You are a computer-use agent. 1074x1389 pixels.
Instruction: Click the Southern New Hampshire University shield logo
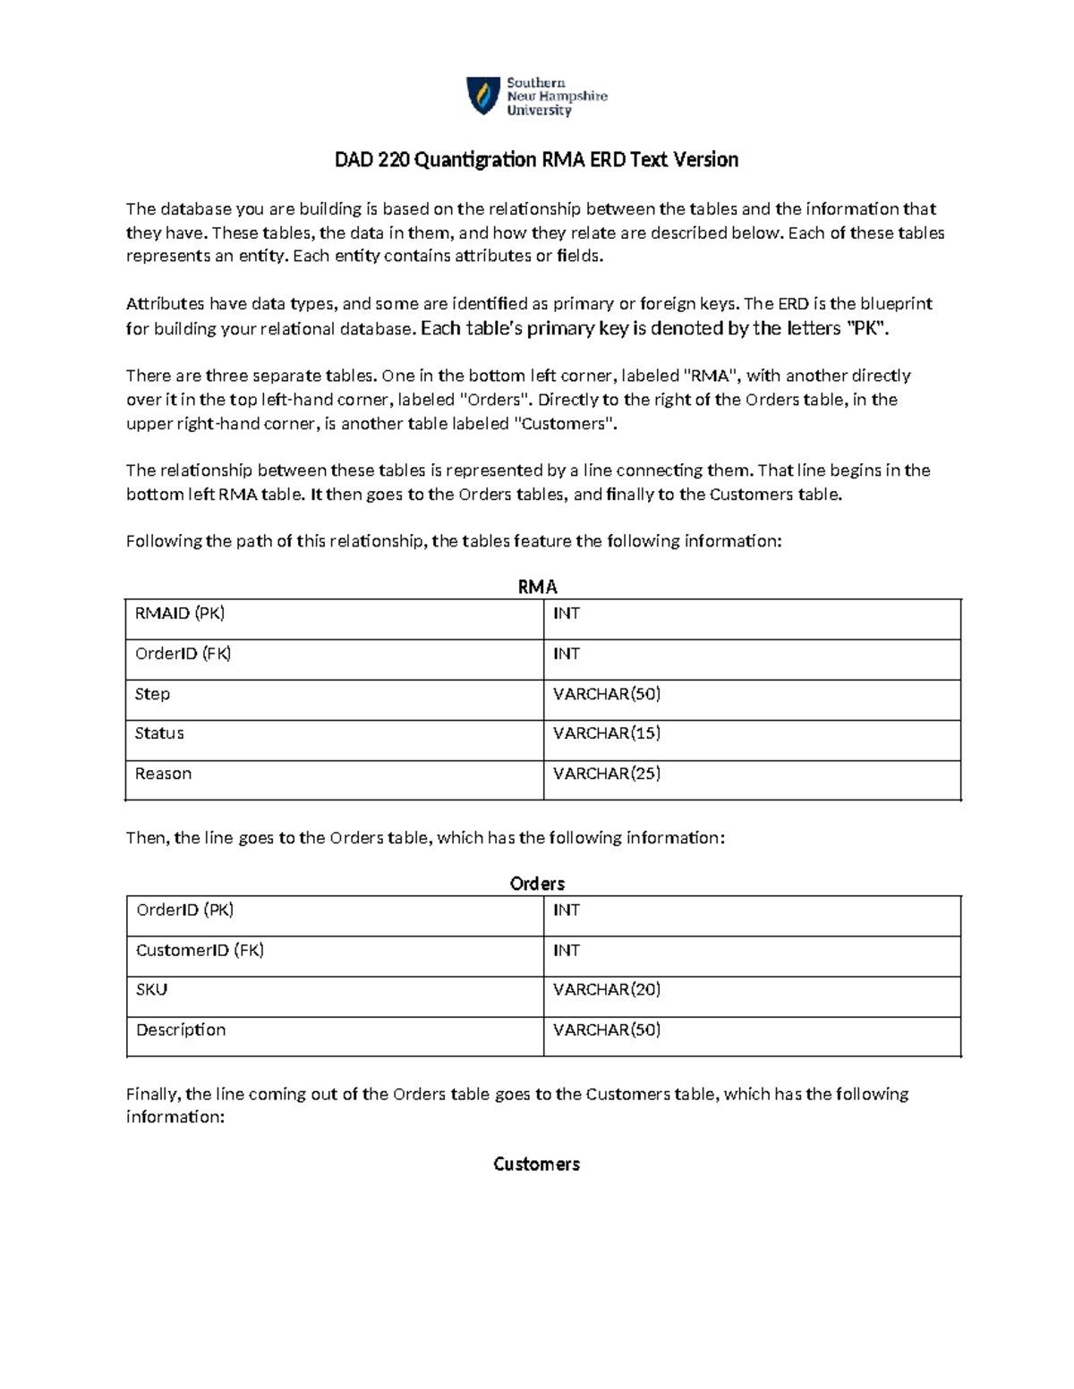pyautogui.click(x=483, y=96)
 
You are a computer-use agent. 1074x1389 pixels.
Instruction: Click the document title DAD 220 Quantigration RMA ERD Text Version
pyautogui.click(x=536, y=160)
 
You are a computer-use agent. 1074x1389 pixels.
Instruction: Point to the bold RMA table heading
pyautogui.click(x=537, y=587)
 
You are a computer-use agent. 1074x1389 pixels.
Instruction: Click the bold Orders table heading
pyautogui.click(x=537, y=884)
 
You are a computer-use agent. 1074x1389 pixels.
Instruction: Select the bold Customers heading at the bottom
pyautogui.click(x=536, y=1164)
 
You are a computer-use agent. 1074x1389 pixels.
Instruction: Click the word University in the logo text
pyautogui.click(x=539, y=111)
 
